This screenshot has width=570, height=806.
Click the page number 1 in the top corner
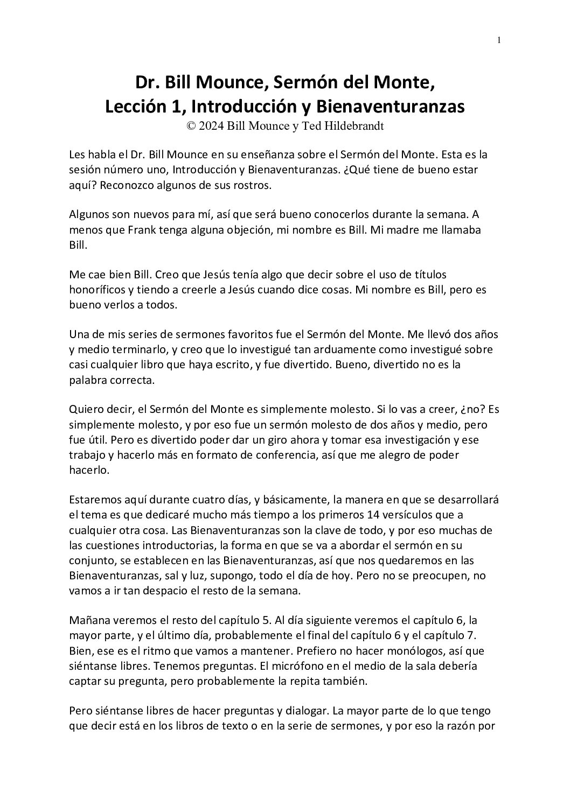[499, 40]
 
